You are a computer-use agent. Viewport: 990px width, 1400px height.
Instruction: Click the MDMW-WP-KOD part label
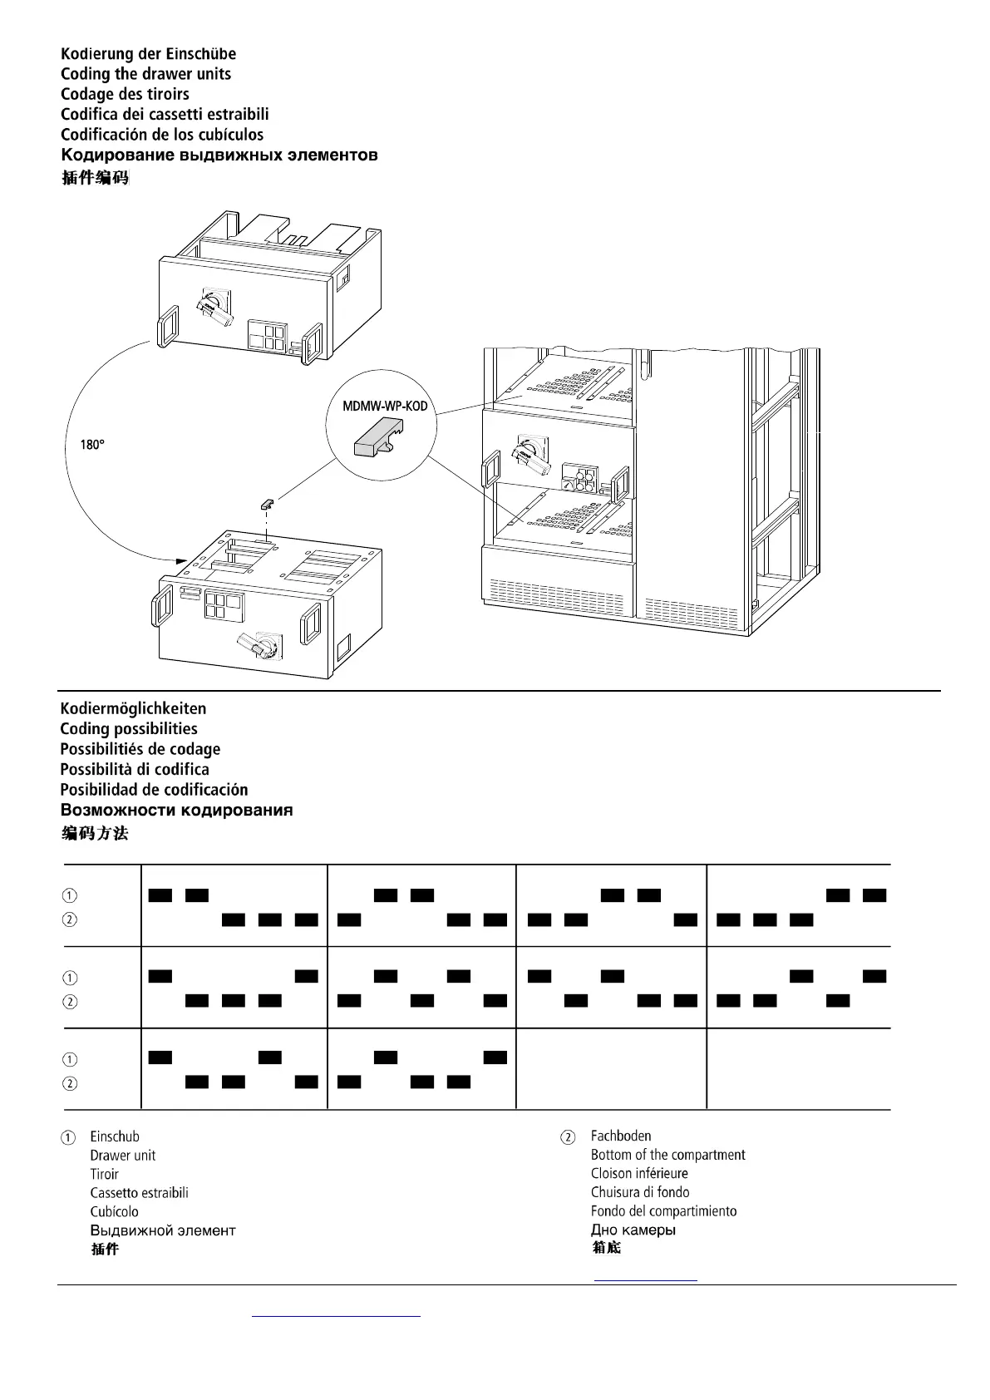click(385, 407)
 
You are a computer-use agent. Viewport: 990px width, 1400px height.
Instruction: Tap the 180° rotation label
click(92, 445)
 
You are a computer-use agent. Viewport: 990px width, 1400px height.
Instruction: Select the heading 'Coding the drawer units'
click(145, 74)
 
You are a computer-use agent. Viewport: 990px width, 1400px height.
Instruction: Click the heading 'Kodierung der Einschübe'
click(148, 54)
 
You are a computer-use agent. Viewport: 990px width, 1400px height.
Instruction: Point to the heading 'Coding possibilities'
click(129, 729)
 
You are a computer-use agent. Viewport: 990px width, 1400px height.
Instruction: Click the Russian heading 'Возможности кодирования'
click(176, 810)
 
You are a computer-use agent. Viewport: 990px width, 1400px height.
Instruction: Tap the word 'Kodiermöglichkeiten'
click(133, 708)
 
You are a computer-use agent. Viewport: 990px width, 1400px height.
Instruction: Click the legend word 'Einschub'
click(115, 1136)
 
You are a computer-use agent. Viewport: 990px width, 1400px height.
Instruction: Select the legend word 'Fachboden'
click(621, 1136)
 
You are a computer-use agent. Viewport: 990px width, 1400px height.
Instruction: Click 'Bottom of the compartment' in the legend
click(667, 1155)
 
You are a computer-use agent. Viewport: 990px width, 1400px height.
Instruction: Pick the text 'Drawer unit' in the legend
click(122, 1156)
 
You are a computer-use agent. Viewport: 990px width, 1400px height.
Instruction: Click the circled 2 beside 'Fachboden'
click(568, 1137)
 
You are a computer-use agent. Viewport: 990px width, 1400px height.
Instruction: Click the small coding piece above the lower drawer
click(266, 503)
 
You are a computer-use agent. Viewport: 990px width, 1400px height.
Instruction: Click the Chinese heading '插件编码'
click(95, 177)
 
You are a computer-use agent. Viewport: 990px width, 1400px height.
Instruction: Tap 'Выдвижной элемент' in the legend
click(163, 1230)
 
